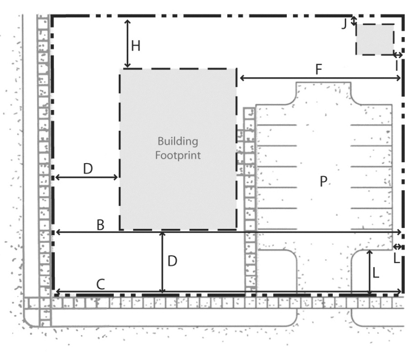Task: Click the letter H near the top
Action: [136, 46]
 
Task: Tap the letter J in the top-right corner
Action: [345, 24]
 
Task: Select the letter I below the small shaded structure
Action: [397, 65]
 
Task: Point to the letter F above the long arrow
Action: [318, 70]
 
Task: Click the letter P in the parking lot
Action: [323, 181]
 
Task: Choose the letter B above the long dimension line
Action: [100, 225]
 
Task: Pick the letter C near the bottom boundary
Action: [101, 285]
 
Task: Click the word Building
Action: [178, 141]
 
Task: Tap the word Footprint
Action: [178, 156]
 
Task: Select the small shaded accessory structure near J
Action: [375, 39]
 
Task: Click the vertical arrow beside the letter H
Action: [127, 43]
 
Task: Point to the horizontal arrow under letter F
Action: [320, 78]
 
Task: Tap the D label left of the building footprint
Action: [88, 169]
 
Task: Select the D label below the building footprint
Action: [172, 261]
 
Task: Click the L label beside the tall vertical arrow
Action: [376, 273]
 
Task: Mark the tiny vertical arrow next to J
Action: [354, 21]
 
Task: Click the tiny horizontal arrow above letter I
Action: [398, 55]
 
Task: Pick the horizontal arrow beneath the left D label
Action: [86, 177]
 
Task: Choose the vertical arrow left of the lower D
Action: [162, 263]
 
